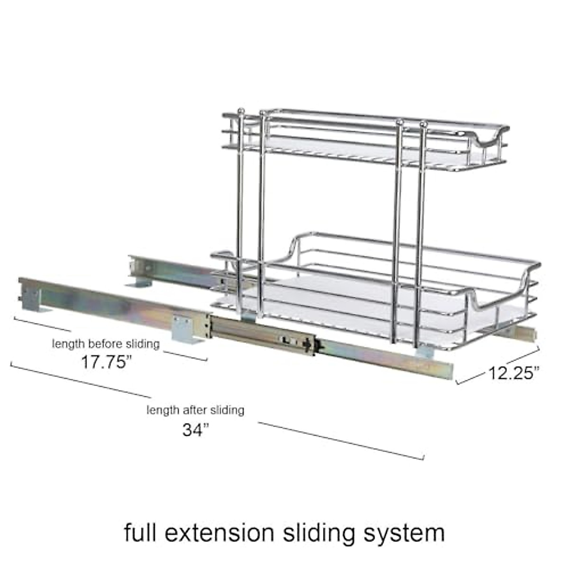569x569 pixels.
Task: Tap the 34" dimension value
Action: point(195,430)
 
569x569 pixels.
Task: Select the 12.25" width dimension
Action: point(514,373)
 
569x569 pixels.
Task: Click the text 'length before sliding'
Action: point(106,344)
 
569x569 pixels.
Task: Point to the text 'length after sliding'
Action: point(195,410)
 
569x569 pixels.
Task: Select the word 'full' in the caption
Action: point(140,532)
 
